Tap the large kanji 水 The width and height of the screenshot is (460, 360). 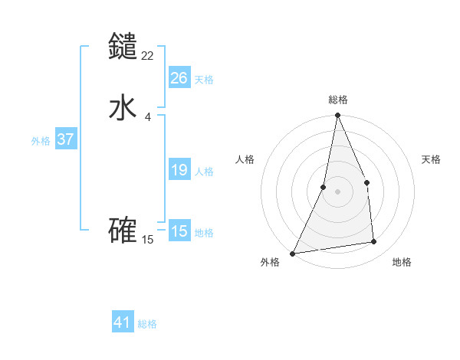(123, 107)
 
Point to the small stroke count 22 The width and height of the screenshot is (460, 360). (148, 55)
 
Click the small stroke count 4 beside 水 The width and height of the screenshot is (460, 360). (148, 116)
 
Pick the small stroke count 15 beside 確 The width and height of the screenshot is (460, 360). (148, 240)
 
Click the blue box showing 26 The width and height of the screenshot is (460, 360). (179, 78)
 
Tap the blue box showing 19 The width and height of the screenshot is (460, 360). (179, 170)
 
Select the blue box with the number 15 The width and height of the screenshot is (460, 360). (179, 231)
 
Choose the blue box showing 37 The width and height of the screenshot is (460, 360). (65, 139)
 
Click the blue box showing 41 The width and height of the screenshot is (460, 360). (123, 322)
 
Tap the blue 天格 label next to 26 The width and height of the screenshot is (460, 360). (204, 80)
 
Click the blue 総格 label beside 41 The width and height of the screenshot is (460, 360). (147, 324)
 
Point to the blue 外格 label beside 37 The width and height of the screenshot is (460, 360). (41, 141)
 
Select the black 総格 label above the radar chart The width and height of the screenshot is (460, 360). (337, 100)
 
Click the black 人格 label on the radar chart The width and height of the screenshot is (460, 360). (245, 159)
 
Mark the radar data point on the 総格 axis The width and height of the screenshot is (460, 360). (337, 116)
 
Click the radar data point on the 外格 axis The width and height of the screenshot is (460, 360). (292, 254)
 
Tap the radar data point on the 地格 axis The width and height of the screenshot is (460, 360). (374, 242)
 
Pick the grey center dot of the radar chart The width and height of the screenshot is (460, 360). (337, 191)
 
